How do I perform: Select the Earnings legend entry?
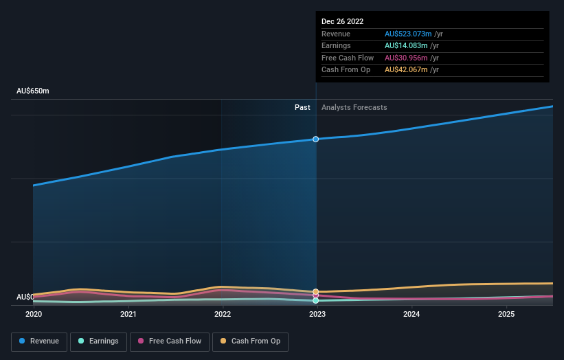(98, 341)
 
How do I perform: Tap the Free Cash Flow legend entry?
(169, 341)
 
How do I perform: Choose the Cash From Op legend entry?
(251, 341)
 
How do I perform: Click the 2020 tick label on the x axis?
(34, 314)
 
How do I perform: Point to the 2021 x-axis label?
(128, 314)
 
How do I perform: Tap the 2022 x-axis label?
(223, 314)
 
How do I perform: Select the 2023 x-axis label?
(317, 314)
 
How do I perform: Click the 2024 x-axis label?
(411, 314)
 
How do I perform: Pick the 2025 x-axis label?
(506, 314)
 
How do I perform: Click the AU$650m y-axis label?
(33, 91)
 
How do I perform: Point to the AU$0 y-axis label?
(25, 297)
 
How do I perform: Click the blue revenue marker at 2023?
(316, 139)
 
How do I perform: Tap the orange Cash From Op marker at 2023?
(316, 292)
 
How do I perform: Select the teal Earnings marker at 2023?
(316, 300)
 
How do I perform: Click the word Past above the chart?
(302, 107)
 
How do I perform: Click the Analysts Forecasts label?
(354, 107)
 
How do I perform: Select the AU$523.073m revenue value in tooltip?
(408, 34)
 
